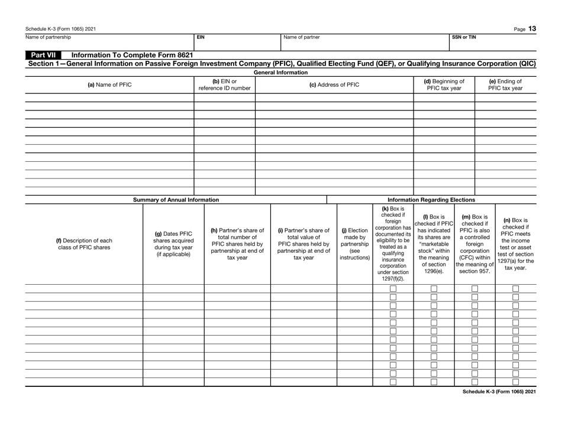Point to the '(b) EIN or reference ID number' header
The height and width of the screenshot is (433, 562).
point(224,84)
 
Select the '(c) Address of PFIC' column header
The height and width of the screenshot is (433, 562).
point(334,84)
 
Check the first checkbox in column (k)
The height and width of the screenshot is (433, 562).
point(393,289)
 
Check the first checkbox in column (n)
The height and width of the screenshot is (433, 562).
point(515,289)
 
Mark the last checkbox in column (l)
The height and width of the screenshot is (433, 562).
point(434,381)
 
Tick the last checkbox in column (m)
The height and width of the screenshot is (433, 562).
point(474,381)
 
